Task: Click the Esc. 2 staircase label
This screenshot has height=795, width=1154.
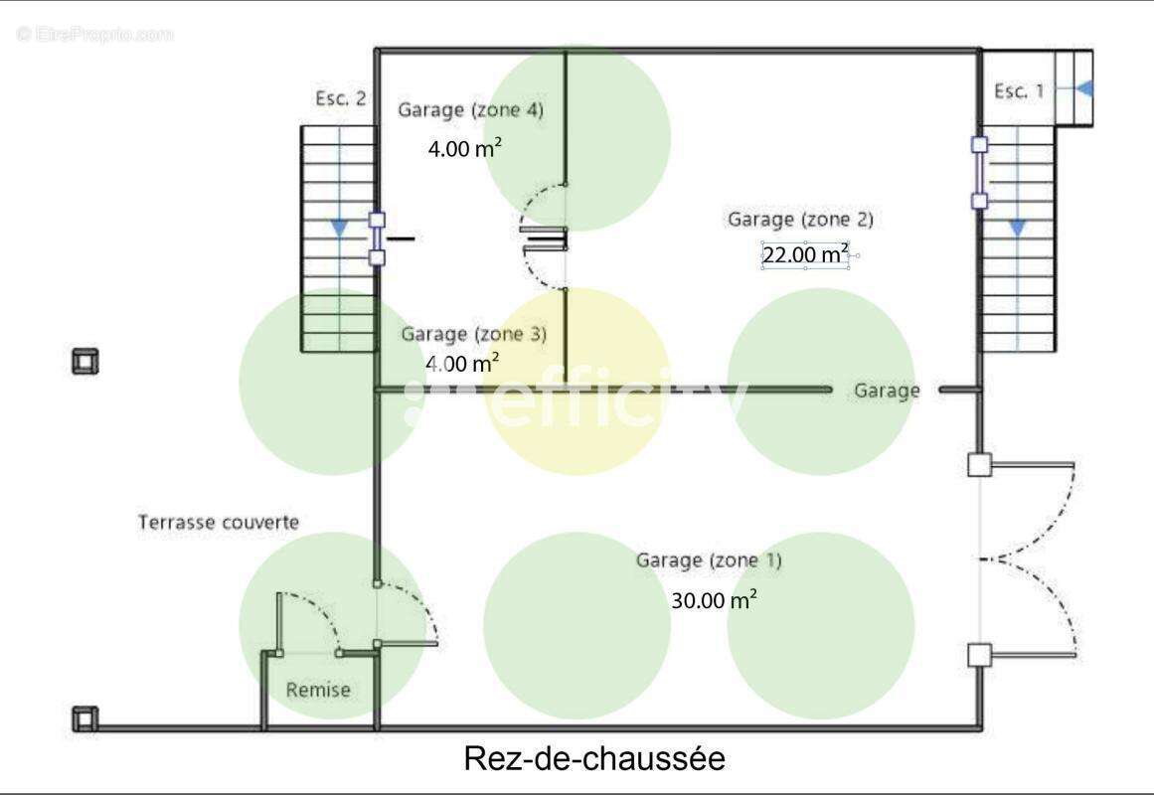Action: pos(340,98)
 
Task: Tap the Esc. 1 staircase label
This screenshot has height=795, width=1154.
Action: pos(1019,91)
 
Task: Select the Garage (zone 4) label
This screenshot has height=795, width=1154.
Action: pos(470,110)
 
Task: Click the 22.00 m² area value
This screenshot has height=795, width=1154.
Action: pos(805,254)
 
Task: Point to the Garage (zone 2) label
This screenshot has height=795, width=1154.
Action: pos(800,220)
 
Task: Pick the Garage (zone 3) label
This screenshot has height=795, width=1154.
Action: pos(473,334)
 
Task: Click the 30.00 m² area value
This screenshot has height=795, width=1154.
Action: pos(714,599)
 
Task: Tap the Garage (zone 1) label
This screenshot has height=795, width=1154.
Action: pos(708,560)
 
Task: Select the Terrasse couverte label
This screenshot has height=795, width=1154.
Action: pos(219,523)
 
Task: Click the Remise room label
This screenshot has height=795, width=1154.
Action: pos(318,690)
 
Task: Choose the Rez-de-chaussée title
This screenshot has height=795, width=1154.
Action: pos(594,758)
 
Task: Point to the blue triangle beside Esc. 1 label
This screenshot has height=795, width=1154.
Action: pos(1084,89)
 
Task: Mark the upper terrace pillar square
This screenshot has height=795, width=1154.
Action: pos(84,362)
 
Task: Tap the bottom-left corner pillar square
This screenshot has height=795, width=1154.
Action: pos(84,718)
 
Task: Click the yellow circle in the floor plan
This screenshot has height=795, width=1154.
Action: pos(577,382)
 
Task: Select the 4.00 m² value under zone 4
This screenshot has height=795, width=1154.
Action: pos(464,148)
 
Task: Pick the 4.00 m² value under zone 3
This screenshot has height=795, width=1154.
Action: pos(462,363)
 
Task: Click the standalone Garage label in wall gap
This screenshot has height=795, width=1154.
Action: pos(887,391)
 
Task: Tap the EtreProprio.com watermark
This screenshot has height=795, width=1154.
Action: pos(94,34)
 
